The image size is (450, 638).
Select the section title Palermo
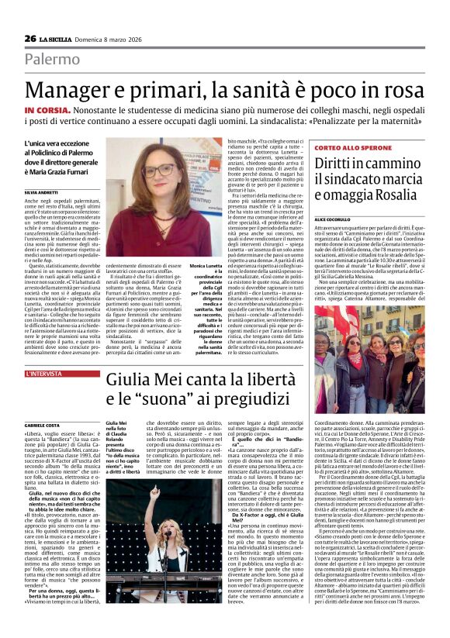point(51,59)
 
